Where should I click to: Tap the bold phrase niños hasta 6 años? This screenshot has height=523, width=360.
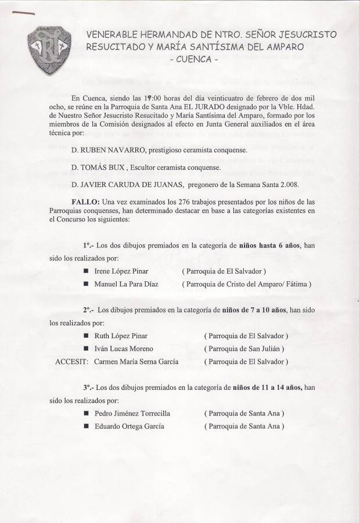[269, 246]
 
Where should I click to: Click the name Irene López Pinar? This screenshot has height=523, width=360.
[121, 271]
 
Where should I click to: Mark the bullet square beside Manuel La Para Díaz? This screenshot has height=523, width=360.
[85, 284]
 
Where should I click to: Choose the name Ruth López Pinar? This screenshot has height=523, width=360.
[121, 336]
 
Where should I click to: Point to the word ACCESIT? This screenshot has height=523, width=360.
[71, 361]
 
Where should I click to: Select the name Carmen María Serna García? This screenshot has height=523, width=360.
[137, 361]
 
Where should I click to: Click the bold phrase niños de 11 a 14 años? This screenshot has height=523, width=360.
[267, 387]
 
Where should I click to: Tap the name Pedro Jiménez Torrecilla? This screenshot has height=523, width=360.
[132, 413]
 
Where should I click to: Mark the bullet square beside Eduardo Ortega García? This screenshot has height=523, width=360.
[85, 426]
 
